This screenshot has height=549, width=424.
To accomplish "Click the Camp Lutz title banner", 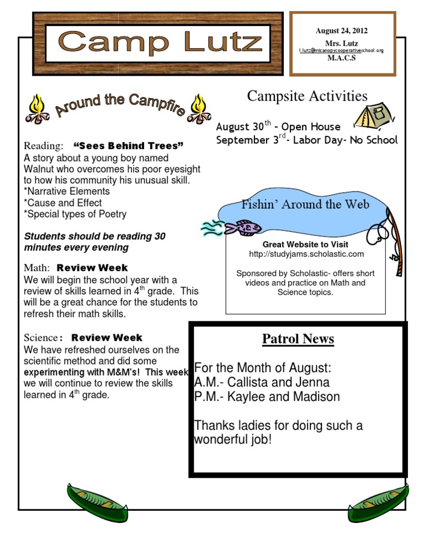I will click(x=158, y=43).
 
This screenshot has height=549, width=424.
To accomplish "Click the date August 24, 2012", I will click(x=341, y=31).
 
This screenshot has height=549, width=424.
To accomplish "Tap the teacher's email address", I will click(x=341, y=50).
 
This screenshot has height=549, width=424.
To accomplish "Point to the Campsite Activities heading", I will click(x=307, y=96).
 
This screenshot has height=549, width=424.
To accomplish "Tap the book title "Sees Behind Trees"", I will click(x=128, y=146).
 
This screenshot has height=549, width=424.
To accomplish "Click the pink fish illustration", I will click(x=241, y=226).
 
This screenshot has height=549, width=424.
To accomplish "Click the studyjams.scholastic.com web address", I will click(x=305, y=254).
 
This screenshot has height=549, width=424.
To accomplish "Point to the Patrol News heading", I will click(x=298, y=339).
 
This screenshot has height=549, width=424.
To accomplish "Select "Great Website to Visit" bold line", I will click(x=305, y=244).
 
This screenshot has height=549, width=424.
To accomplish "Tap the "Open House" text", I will click(x=311, y=127).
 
